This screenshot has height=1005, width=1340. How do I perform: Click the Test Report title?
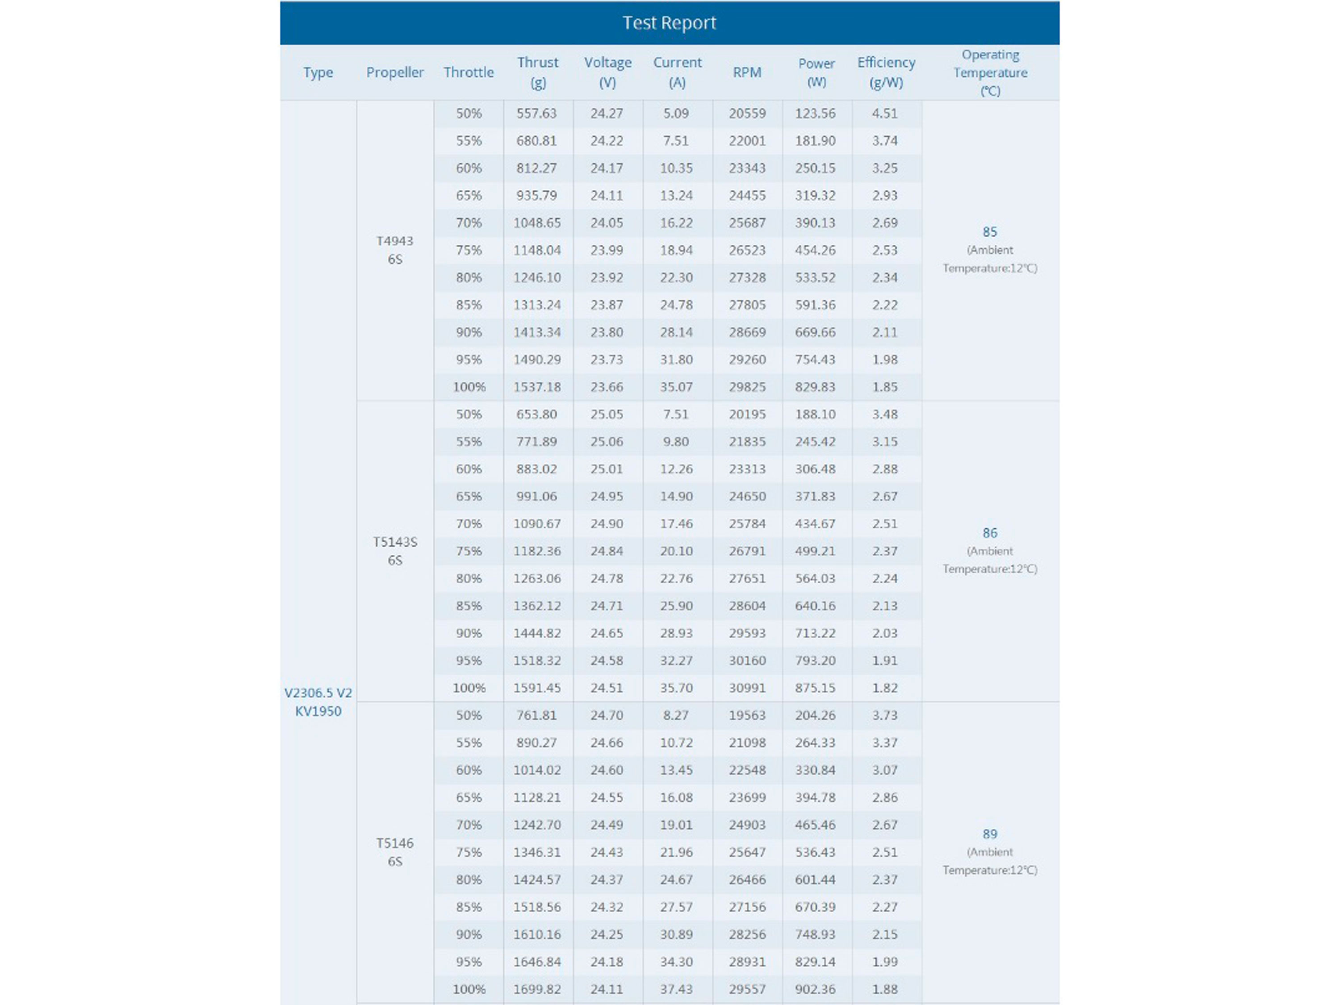[670, 23]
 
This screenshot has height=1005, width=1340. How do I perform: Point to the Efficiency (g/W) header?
[886, 72]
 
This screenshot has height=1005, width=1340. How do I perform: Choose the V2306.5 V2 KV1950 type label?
[318, 702]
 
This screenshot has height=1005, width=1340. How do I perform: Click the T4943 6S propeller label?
[394, 250]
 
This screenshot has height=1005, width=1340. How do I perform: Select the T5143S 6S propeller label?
[394, 551]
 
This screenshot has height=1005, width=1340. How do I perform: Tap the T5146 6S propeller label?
[394, 852]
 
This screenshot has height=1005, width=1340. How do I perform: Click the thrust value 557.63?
[536, 114]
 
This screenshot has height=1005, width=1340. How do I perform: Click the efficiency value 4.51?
[884, 114]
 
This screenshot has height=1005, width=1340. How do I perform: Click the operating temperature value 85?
[990, 232]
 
